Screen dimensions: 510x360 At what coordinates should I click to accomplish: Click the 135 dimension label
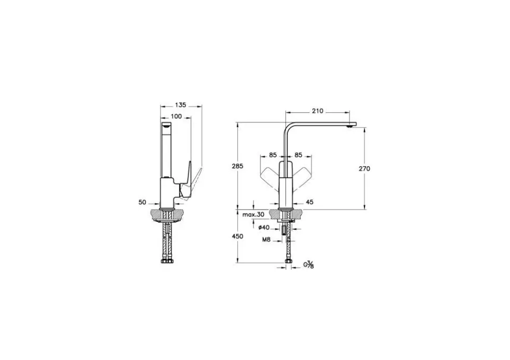point(181,105)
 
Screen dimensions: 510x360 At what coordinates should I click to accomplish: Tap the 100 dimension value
point(176,116)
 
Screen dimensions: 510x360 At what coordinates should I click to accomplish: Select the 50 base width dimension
point(142,202)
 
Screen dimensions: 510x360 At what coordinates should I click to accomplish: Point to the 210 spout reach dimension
point(318,111)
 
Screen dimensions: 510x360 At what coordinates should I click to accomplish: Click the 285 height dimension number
point(237,166)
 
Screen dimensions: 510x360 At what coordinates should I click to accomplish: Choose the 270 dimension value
point(364,169)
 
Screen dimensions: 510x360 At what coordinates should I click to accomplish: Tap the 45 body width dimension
point(310,202)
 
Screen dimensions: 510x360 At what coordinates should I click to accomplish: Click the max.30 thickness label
point(253,214)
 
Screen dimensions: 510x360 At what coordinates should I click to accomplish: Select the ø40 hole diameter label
point(264,228)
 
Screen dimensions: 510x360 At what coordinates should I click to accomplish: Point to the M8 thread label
point(266,240)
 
